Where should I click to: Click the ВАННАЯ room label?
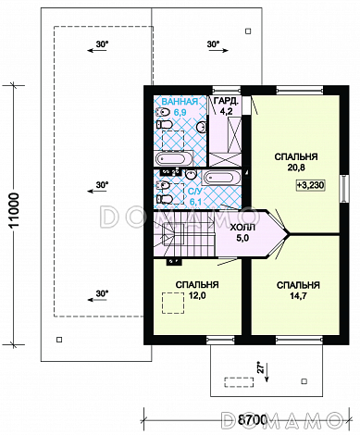click(x=180, y=102)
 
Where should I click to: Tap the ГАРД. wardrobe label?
click(x=226, y=101)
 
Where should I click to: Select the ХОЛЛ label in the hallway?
click(x=242, y=228)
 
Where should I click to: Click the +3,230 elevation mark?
click(x=311, y=185)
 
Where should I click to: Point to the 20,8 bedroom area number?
click(x=296, y=168)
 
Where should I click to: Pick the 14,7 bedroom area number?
click(x=298, y=296)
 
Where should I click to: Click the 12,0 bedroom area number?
click(x=197, y=295)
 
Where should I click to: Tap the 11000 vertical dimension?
click(x=14, y=210)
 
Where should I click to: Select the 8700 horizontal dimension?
click(x=253, y=419)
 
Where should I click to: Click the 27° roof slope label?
click(x=262, y=367)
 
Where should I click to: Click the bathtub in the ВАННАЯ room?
click(x=174, y=159)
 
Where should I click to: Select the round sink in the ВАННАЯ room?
click(x=202, y=127)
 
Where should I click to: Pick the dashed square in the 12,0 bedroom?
click(x=173, y=304)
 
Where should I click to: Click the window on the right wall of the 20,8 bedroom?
click(x=344, y=189)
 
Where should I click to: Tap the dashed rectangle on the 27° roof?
click(x=239, y=382)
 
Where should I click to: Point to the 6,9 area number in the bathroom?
click(x=180, y=112)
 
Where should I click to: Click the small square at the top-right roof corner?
click(x=248, y=31)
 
